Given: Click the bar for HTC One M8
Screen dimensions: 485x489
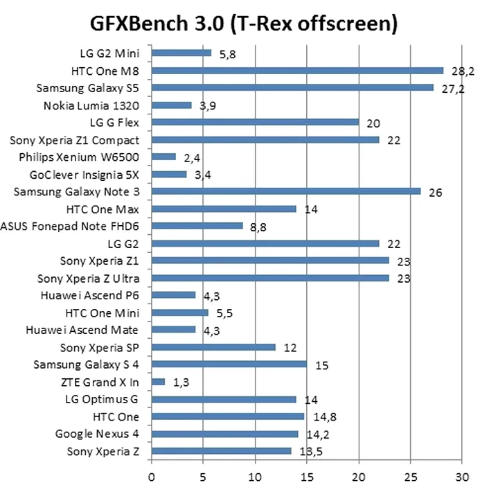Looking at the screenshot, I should click(x=297, y=70).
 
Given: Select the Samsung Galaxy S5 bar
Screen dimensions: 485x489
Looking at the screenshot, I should click(x=292, y=87).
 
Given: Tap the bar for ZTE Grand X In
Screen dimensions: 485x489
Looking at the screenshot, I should click(x=158, y=382).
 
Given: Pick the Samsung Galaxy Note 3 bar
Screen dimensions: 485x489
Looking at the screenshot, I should click(x=285, y=191).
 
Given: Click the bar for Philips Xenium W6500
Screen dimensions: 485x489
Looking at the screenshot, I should click(x=163, y=157).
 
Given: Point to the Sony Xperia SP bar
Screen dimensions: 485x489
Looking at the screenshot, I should click(x=213, y=347).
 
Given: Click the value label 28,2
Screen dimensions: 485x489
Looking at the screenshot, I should click(x=461, y=72).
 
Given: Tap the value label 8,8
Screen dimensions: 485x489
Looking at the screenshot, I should click(x=258, y=227).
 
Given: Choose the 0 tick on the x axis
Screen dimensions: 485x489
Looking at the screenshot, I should click(x=152, y=476).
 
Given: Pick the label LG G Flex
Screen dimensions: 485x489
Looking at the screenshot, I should click(x=109, y=123).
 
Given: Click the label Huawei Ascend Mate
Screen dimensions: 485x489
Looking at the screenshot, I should click(x=82, y=330).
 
